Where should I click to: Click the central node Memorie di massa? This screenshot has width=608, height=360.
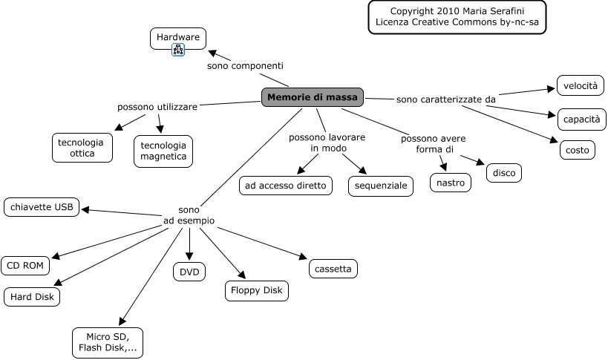[x=313, y=97]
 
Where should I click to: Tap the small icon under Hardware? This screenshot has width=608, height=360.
[x=178, y=50]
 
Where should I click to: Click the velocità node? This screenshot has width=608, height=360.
[x=580, y=86]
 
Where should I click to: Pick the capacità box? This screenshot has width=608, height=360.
[x=582, y=119]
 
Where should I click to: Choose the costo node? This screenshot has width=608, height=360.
[x=577, y=150]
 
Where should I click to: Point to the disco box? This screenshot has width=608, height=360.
[x=504, y=173]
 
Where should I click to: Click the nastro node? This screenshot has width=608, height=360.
[x=451, y=183]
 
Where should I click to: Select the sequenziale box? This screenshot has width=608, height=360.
[x=382, y=186]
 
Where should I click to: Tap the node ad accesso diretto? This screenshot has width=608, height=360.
[x=286, y=186]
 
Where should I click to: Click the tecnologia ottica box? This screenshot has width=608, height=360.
[x=82, y=147]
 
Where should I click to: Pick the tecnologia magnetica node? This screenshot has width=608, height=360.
[x=163, y=151]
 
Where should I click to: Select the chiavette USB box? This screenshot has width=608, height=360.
[x=42, y=208]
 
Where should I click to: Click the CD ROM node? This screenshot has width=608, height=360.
[x=26, y=265]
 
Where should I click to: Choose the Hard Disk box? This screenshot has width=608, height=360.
[x=31, y=297]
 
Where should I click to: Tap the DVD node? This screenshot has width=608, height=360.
[x=190, y=272]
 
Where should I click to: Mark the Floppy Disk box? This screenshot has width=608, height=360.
[x=256, y=290]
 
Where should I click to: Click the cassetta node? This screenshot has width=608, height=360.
[x=333, y=269]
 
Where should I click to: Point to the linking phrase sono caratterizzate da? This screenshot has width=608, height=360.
[x=445, y=99]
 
